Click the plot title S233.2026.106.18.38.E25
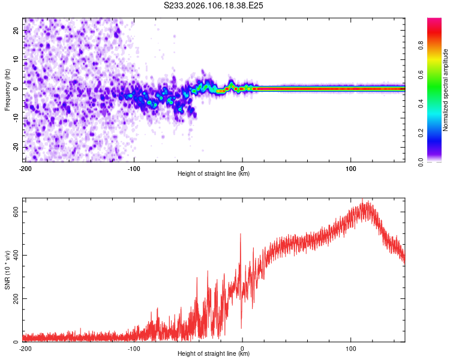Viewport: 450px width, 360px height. pyautogui.click(x=214, y=5)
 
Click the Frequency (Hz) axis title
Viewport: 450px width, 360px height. pyautogui.click(x=7, y=89)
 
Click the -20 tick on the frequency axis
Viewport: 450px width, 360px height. pyautogui.click(x=16, y=148)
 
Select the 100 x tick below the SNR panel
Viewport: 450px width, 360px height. pyautogui.click(x=351, y=349)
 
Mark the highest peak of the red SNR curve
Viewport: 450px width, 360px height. pyautogui.click(x=362, y=200)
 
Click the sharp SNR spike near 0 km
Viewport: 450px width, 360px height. pyautogui.click(x=241, y=235)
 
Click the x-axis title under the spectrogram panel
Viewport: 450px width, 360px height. pyautogui.click(x=214, y=174)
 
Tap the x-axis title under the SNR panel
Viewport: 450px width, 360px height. pyautogui.click(x=214, y=355)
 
